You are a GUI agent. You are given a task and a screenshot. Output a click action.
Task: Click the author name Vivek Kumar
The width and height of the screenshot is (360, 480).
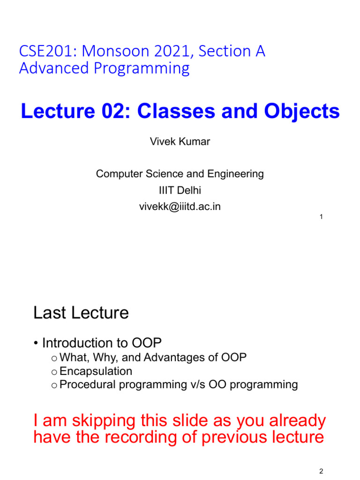tap(180, 142)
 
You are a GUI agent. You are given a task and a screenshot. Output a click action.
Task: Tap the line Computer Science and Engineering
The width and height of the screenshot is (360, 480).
tap(180, 174)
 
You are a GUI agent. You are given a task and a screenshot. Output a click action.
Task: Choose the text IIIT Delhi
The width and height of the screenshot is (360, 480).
tap(180, 190)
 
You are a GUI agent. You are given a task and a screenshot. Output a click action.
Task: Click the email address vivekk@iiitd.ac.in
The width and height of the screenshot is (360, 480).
tap(180, 207)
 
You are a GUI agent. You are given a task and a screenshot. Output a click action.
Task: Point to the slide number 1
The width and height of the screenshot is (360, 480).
tap(321, 217)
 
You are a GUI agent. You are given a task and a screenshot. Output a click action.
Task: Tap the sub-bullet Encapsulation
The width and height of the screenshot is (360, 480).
tap(96, 371)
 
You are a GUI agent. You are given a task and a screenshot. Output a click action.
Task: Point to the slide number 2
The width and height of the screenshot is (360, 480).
tap(321, 472)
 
